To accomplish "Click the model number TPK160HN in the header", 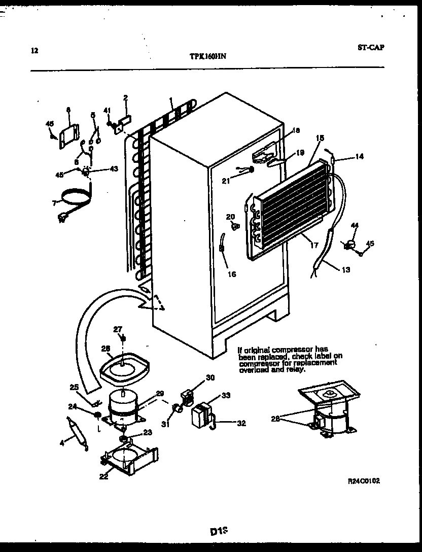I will click(x=204, y=57).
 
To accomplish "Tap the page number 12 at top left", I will click(x=34, y=50).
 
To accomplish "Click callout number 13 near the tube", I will click(x=345, y=269).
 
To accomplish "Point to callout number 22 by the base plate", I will click(x=103, y=476).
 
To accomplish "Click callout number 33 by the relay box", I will click(x=226, y=396).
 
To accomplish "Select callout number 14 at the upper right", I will click(x=359, y=157).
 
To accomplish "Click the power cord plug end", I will click(x=63, y=218).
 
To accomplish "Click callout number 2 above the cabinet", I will click(x=125, y=97).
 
